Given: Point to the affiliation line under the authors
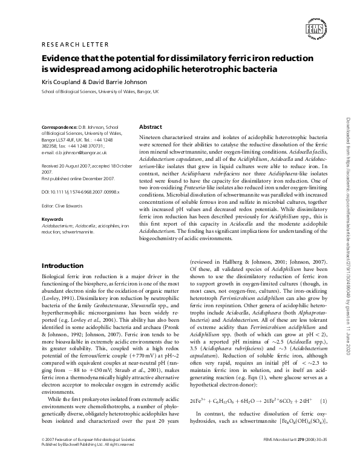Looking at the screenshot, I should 99,91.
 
